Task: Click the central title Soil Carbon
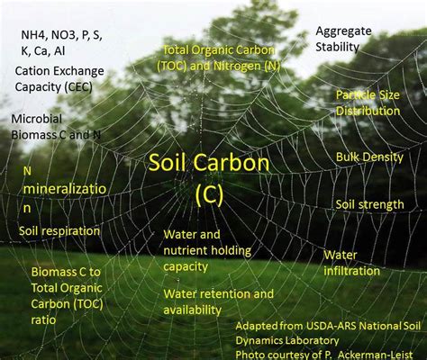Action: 209,163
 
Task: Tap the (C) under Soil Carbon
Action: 209,194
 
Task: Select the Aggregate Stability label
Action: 343,39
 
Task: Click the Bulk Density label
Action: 369,157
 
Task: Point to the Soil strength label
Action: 369,204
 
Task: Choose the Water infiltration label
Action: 351,263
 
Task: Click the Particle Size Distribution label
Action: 368,103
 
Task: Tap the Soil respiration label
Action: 59,231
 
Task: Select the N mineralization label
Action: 65,189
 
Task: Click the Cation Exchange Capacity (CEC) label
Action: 59,79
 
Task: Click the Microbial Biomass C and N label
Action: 56,127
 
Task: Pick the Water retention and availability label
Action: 218,301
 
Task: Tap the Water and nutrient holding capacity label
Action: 207,250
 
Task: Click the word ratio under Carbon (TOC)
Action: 43,320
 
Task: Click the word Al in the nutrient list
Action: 59,51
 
